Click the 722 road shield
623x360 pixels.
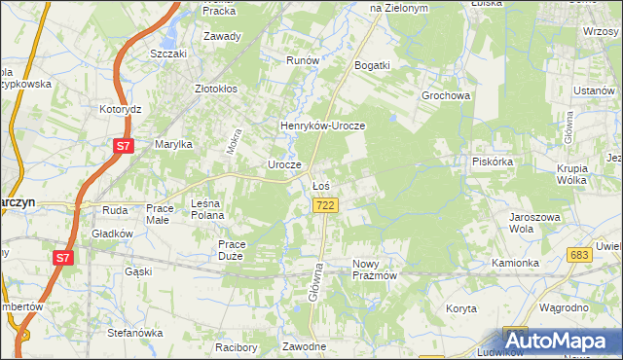pos(326,204)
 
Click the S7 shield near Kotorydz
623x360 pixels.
pos(122,147)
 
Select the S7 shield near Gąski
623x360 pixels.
pos(63,258)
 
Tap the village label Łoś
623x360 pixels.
pos(321,185)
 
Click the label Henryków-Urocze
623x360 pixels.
pos(322,126)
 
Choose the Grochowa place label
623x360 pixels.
pos(446,96)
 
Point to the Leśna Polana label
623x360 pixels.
pos(207,208)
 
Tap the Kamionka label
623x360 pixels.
pos(515,264)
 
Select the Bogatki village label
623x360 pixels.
pos(373,65)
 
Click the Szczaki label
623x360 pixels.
pos(168,54)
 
